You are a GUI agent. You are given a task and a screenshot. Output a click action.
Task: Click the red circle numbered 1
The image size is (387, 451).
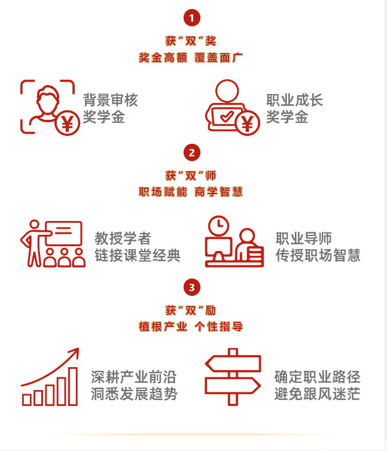[x=191, y=18]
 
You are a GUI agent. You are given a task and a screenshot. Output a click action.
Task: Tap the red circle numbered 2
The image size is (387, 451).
[x=191, y=153]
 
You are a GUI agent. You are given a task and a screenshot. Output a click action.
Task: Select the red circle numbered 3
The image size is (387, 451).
[x=191, y=288]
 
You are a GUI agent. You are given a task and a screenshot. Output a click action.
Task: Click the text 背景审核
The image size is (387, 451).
[x=110, y=100]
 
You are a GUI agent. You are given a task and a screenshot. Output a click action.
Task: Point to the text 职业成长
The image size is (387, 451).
[x=294, y=100]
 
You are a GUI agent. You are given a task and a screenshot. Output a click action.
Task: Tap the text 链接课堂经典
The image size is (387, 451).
[x=138, y=255]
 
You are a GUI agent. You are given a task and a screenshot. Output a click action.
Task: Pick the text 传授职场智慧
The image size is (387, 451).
[x=318, y=255]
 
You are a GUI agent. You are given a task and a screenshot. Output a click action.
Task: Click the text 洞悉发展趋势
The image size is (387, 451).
[x=134, y=394]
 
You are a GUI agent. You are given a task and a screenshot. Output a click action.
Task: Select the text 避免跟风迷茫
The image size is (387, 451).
[x=318, y=394]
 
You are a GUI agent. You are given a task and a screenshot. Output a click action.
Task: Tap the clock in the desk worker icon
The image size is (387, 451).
[x=220, y=225]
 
